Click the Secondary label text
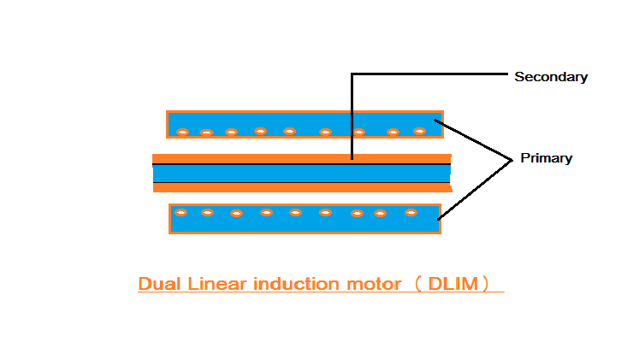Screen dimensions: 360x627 (x=550, y=77)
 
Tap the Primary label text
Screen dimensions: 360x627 (x=546, y=158)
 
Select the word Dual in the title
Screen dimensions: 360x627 (x=157, y=284)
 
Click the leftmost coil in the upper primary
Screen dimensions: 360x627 (x=181, y=132)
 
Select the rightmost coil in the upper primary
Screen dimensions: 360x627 (x=419, y=131)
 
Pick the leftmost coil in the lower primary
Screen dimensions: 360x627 (x=181, y=211)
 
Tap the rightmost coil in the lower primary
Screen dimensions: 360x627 (x=411, y=212)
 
